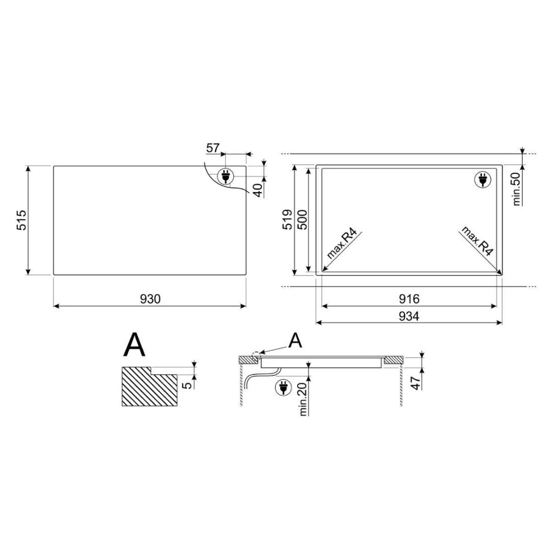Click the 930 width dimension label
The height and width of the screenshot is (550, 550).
[x=150, y=299]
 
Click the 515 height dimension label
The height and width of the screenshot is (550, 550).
[x=22, y=220]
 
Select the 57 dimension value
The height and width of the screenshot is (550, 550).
[x=212, y=148]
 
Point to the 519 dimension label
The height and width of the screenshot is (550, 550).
[x=288, y=219]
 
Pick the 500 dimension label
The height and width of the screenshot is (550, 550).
[x=302, y=219]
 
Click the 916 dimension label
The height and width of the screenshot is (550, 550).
[x=409, y=299]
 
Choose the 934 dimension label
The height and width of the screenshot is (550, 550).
[x=409, y=316]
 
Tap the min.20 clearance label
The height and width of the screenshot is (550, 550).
[x=304, y=399]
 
